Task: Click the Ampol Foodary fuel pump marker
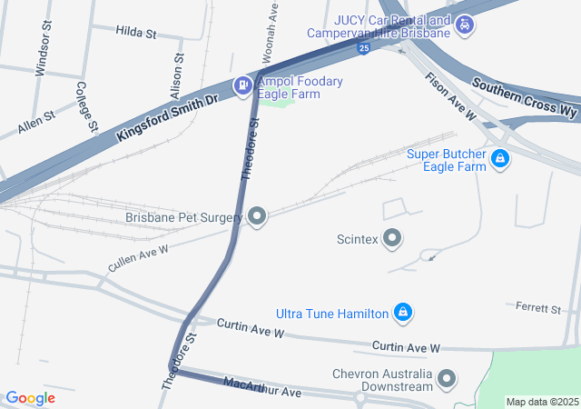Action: click(x=243, y=87)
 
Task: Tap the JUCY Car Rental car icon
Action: click(x=465, y=25)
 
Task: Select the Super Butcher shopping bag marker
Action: click(x=499, y=160)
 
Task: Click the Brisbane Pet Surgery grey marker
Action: click(x=258, y=216)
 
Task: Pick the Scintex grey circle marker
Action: click(x=392, y=239)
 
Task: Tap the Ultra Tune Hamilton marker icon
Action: click(x=402, y=314)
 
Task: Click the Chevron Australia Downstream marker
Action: click(x=447, y=379)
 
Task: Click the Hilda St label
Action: click(x=136, y=33)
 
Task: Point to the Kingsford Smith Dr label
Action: click(x=169, y=115)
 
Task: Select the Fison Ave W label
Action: click(x=451, y=95)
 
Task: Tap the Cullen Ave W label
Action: click(x=138, y=257)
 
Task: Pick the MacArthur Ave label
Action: click(x=261, y=388)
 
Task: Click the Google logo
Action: click(x=30, y=398)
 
